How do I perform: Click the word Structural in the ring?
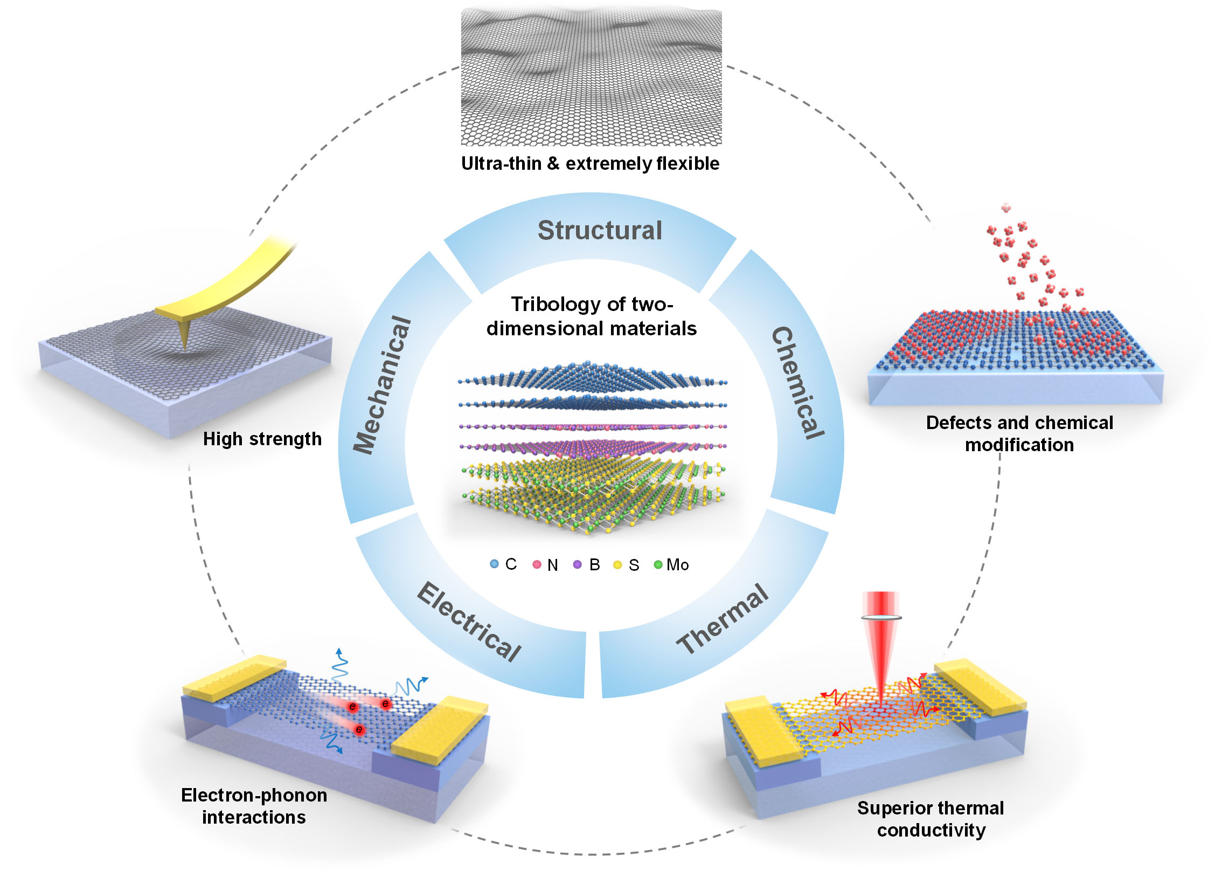[600, 231]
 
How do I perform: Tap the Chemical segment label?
[798, 383]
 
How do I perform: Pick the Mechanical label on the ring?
[382, 385]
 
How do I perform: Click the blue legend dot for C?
[494, 564]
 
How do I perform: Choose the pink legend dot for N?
[537, 564]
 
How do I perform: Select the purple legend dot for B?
[578, 564]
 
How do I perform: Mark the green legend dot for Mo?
[658, 564]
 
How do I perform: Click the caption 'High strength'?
[262, 439]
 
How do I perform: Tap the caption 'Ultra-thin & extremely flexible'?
[590, 163]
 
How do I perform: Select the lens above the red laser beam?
[881, 617]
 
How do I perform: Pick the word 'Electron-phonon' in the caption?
[254, 795]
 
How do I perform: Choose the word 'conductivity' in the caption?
[931, 830]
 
